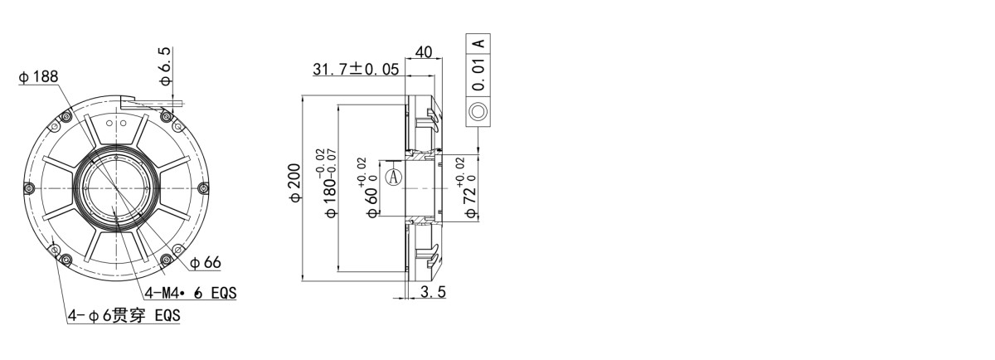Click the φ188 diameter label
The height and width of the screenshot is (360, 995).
pos(38,77)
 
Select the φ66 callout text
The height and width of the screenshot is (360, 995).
pos(206,263)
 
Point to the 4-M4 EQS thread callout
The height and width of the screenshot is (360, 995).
pos(191,293)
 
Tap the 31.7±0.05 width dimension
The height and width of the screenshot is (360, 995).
pos(355,69)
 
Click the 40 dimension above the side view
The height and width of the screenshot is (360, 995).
pos(423,52)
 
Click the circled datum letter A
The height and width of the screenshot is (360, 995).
pos(396,177)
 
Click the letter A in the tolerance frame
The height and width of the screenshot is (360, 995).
pos(478,43)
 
